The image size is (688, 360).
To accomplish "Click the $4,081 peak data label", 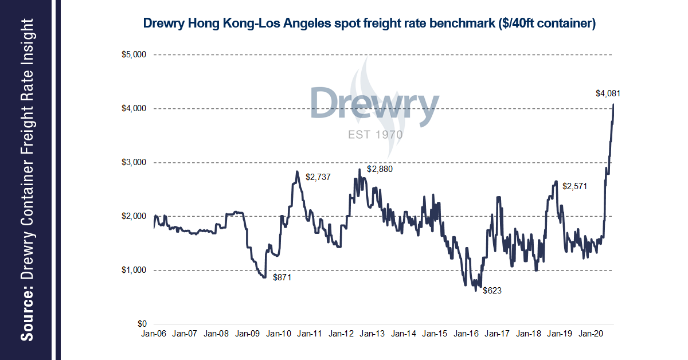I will tap(609, 93).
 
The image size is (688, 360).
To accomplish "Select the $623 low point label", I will tap(492, 291).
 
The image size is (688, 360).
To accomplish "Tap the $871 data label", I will tap(282, 277).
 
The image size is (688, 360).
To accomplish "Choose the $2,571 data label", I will tap(575, 186).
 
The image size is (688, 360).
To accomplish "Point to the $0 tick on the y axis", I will tap(142, 324).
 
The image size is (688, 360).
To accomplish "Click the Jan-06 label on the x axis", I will tap(154, 333).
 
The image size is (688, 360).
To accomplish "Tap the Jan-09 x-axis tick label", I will tap(247, 333).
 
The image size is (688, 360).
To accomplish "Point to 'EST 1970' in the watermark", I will tap(375, 135).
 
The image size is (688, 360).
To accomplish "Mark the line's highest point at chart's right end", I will tap(613, 104).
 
